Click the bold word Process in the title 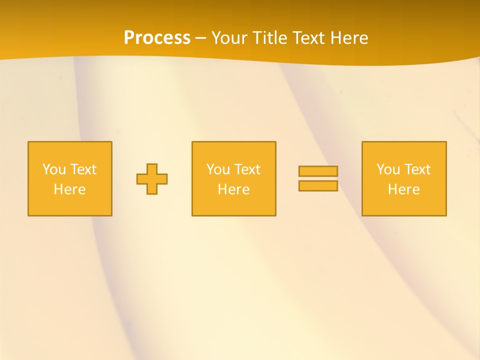pyautogui.click(x=157, y=38)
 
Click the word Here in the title pyautogui.click(x=349, y=38)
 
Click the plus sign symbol pyautogui.click(x=152, y=179)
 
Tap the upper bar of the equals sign pyautogui.click(x=318, y=171)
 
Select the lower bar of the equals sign pyautogui.click(x=318, y=186)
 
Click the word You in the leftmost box pyautogui.click(x=54, y=169)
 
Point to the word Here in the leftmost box pyautogui.click(x=69, y=189)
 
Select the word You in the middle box pyautogui.click(x=218, y=169)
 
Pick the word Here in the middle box pyautogui.click(x=233, y=189)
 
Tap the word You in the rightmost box pyautogui.click(x=388, y=169)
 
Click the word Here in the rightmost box pyautogui.click(x=403, y=189)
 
